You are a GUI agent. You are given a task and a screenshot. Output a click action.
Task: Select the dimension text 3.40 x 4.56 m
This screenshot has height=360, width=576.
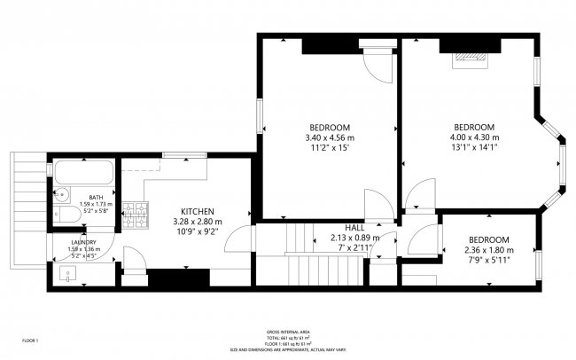(329, 138)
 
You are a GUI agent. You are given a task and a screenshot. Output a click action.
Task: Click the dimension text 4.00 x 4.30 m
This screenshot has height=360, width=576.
(474, 138)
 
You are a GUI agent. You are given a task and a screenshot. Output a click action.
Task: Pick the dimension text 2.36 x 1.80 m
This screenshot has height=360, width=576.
(489, 251)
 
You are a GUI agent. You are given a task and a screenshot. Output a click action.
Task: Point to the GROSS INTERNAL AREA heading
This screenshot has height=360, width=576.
(288, 330)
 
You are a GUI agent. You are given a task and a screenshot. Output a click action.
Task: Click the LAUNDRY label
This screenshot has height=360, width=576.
(84, 241)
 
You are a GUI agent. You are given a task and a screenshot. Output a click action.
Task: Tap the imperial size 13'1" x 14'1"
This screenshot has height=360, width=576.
(474, 149)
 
